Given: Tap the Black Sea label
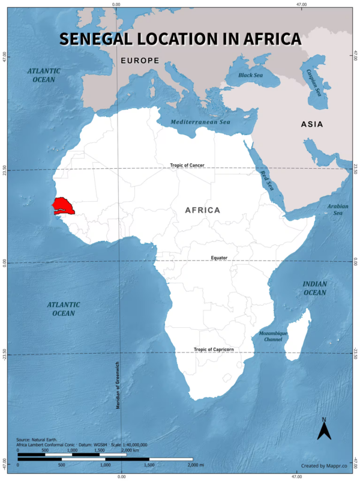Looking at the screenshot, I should pyautogui.click(x=250, y=76).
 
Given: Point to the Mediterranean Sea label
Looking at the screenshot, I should pyautogui.click(x=200, y=122).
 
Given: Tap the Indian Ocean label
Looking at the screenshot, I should pyautogui.click(x=314, y=288).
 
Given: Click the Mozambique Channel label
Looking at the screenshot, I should pyautogui.click(x=273, y=336).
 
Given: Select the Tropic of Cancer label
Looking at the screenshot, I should pyautogui.click(x=191, y=165).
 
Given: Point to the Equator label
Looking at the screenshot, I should pyautogui.click(x=219, y=258).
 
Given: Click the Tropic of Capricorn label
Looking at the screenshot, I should pyautogui.click(x=214, y=349).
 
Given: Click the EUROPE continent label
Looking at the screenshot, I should pyautogui.click(x=140, y=61).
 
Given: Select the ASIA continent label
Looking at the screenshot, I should pyautogui.click(x=312, y=124).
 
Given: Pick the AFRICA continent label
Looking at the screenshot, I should pyautogui.click(x=202, y=210).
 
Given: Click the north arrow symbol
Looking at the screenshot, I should pyautogui.click(x=324, y=429).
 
